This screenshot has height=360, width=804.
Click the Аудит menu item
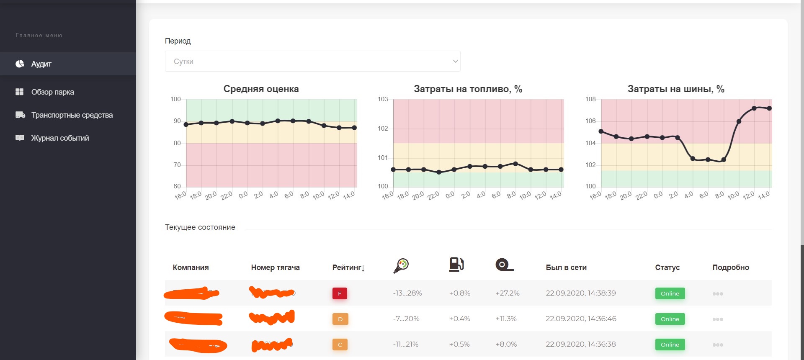point(41,64)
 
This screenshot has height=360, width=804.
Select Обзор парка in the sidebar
point(52,92)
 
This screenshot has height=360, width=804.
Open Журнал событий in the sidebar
point(60,138)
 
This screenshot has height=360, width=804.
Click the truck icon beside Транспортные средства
point(20,115)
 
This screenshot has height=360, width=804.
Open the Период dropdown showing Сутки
point(312,61)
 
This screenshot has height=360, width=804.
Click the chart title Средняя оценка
point(261,89)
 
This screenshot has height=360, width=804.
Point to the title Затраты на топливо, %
point(468,89)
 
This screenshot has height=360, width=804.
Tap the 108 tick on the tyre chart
point(590,99)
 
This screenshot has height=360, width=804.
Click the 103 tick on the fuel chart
point(383,99)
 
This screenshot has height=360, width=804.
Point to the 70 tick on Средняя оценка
point(177,165)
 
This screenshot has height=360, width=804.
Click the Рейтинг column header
point(348,267)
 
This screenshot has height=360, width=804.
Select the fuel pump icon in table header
point(456,265)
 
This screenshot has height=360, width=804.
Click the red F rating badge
point(340,293)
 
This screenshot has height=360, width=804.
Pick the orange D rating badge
point(340,319)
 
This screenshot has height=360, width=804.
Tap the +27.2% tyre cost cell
point(507,293)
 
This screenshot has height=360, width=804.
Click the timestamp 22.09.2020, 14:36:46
point(581,319)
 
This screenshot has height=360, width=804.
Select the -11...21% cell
point(405,345)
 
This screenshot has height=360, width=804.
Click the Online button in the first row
point(670,293)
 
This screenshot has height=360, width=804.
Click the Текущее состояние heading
point(200,227)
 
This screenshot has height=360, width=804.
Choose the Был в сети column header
point(566,267)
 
